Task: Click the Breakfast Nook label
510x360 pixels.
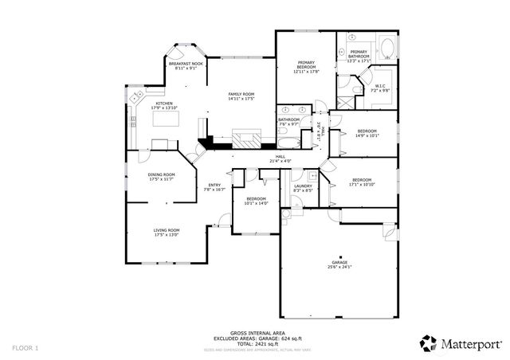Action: click(x=186, y=65)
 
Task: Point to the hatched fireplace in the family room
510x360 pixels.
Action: click(x=245, y=139)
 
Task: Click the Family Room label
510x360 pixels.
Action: click(x=241, y=96)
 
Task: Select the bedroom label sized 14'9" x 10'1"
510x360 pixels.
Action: click(x=367, y=133)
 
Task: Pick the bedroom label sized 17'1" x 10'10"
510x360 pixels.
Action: click(x=363, y=182)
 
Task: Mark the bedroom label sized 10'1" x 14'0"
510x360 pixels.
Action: click(x=256, y=201)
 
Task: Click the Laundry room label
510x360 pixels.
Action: click(x=303, y=188)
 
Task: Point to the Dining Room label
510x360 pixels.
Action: click(x=161, y=177)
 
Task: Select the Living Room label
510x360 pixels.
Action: click(x=167, y=233)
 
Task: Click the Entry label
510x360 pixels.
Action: click(x=214, y=188)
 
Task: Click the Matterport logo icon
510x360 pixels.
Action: click(x=429, y=342)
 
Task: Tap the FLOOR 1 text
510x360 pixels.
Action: click(x=25, y=348)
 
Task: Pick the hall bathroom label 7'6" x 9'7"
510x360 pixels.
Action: click(x=288, y=122)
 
